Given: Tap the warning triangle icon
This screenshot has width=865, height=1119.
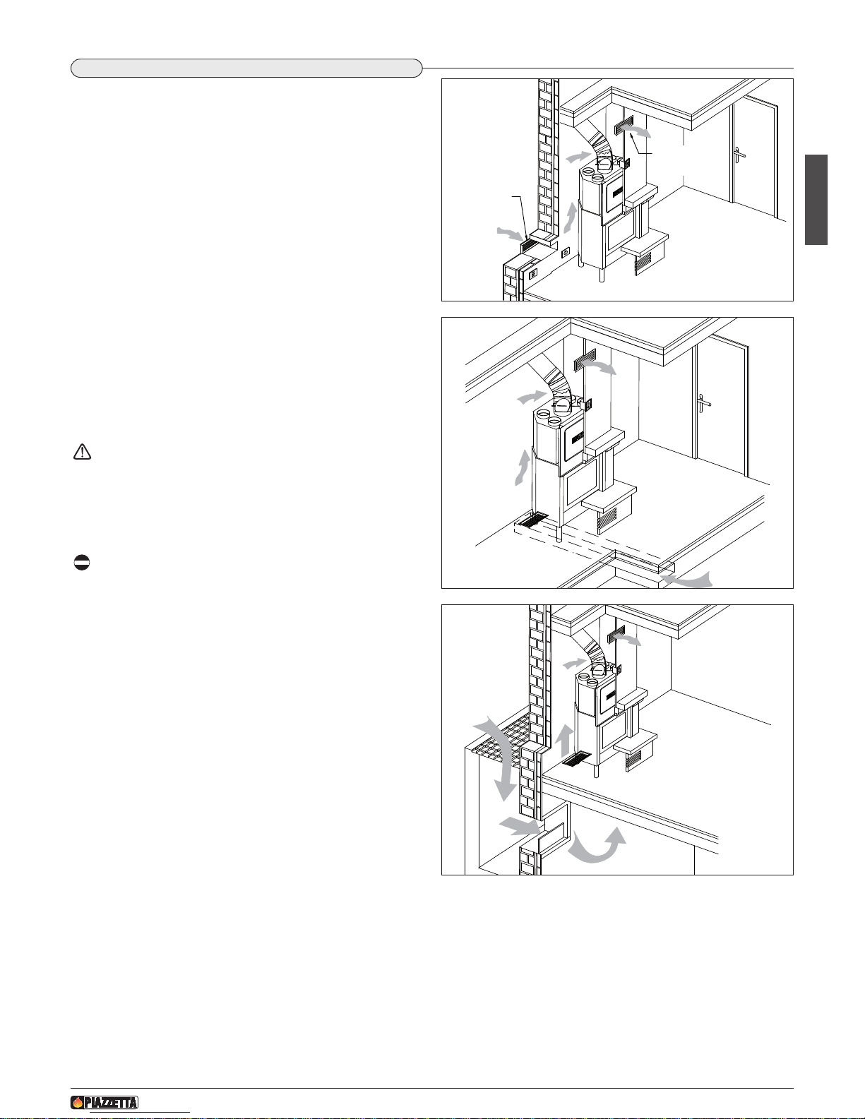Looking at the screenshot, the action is [82, 452].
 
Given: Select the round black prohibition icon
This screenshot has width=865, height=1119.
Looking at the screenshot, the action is [81, 563].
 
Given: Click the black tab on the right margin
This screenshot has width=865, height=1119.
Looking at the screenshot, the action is [816, 200].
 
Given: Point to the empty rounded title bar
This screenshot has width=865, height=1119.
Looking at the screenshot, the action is [246, 68].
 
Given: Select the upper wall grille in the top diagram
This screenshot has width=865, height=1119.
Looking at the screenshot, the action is [624, 126].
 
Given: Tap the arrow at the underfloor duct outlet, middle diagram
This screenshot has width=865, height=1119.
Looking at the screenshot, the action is [687, 580].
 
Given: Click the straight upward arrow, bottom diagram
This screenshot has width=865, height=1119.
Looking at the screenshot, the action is [566, 740].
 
